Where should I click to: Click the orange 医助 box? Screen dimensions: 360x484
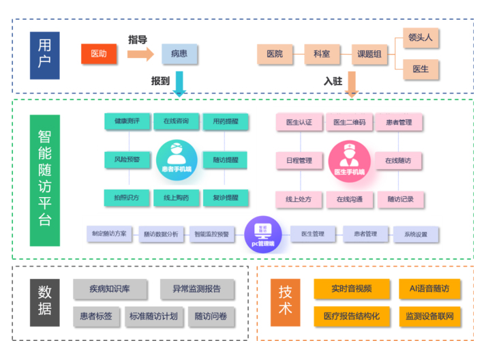100,54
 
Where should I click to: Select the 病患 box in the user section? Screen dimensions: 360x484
179,54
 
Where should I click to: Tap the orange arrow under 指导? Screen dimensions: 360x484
140,54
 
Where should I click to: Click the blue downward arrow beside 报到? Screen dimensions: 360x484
179,82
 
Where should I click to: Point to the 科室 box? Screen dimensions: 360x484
322,54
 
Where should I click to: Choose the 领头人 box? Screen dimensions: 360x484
421,38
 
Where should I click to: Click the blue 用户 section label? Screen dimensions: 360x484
44,54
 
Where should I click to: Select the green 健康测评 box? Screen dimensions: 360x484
127,122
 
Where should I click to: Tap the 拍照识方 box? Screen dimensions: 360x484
127,198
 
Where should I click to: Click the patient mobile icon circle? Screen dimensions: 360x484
177,157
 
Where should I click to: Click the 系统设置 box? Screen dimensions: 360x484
416,235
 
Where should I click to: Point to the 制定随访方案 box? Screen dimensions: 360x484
110,234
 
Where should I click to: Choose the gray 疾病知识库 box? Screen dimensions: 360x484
110,289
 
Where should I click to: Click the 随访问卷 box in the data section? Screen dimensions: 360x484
211,316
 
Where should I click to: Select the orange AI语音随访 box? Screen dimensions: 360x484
429,288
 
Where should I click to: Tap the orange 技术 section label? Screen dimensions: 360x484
285,303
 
